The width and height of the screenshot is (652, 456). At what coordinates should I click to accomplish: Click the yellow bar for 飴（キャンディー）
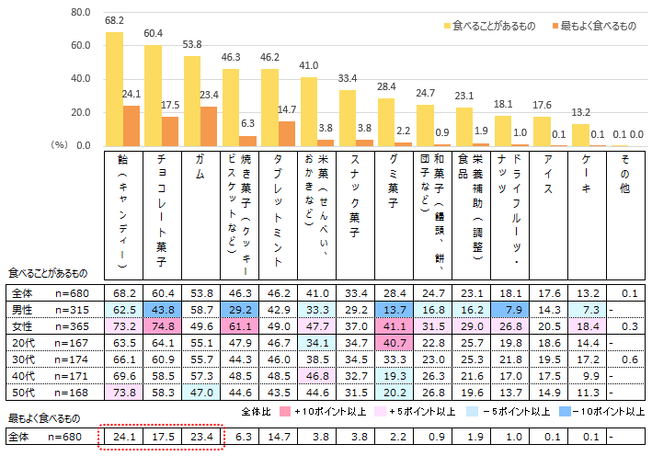114,89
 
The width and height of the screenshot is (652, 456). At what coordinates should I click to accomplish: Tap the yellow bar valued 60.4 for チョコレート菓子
153,96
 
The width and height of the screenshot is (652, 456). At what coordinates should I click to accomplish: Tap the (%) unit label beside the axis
60,144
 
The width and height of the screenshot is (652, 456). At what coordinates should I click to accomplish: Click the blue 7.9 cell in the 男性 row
510,309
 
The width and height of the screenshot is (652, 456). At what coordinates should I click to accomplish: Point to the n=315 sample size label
74,309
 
